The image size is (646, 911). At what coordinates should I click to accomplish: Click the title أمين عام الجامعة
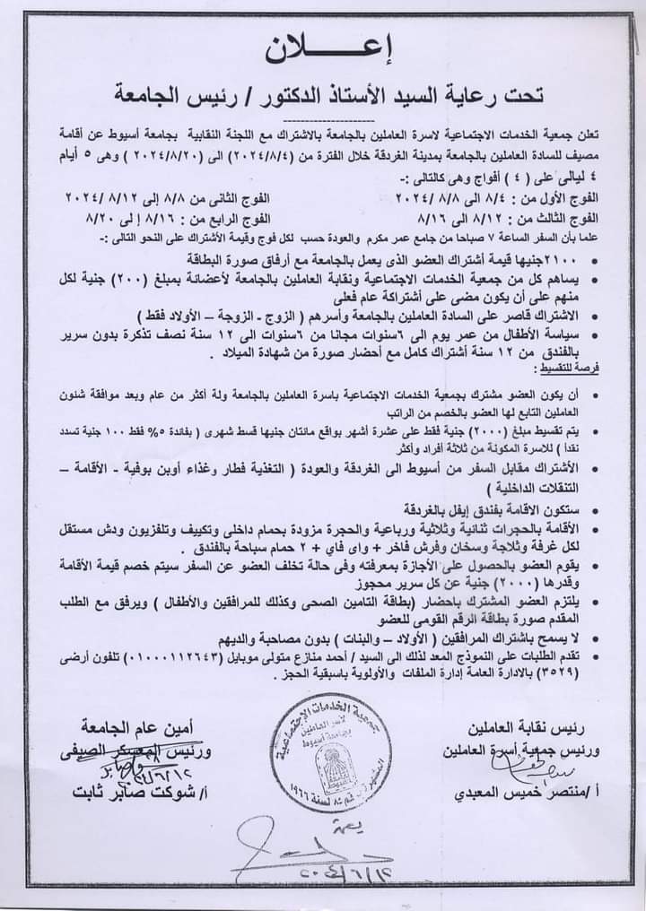click(134, 723)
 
